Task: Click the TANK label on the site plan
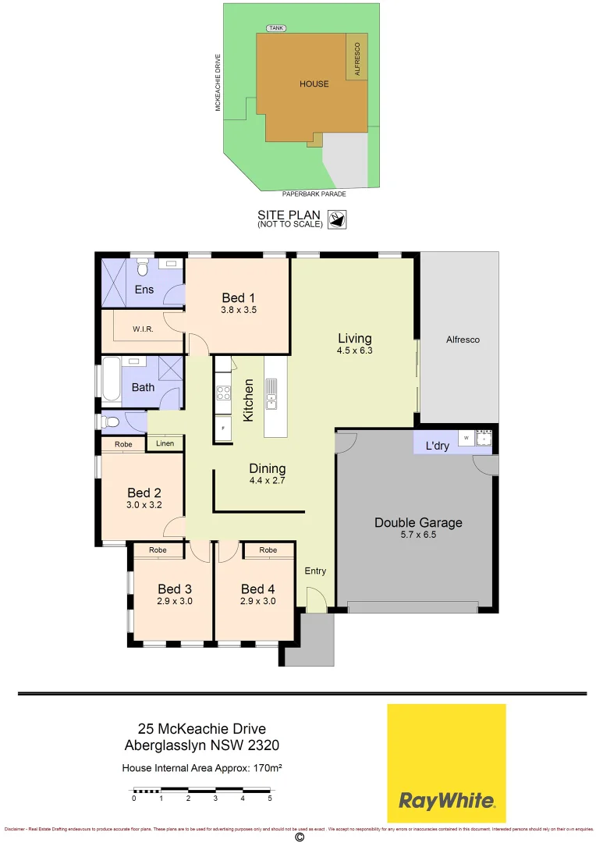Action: pyautogui.click(x=275, y=28)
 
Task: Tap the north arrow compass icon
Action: pyautogui.click(x=339, y=220)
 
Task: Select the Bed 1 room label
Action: pyautogui.click(x=238, y=297)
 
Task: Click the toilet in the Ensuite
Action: pyautogui.click(x=141, y=269)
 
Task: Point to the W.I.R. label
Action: pyautogui.click(x=142, y=329)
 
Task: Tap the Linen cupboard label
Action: pyautogui.click(x=165, y=444)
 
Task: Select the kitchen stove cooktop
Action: pyautogui.click(x=222, y=394)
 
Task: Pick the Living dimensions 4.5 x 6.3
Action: pyautogui.click(x=354, y=350)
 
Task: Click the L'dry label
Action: pyautogui.click(x=437, y=446)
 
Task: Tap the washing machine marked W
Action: pyautogui.click(x=466, y=439)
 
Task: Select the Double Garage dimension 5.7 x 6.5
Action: pyautogui.click(x=418, y=535)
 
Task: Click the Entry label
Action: pyautogui.click(x=315, y=571)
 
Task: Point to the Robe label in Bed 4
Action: pyautogui.click(x=268, y=550)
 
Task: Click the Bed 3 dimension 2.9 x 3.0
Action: pyautogui.click(x=174, y=601)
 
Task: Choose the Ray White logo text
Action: pyautogui.click(x=446, y=800)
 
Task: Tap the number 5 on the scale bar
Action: pyautogui.click(x=270, y=799)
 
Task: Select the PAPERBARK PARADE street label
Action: pyautogui.click(x=314, y=194)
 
